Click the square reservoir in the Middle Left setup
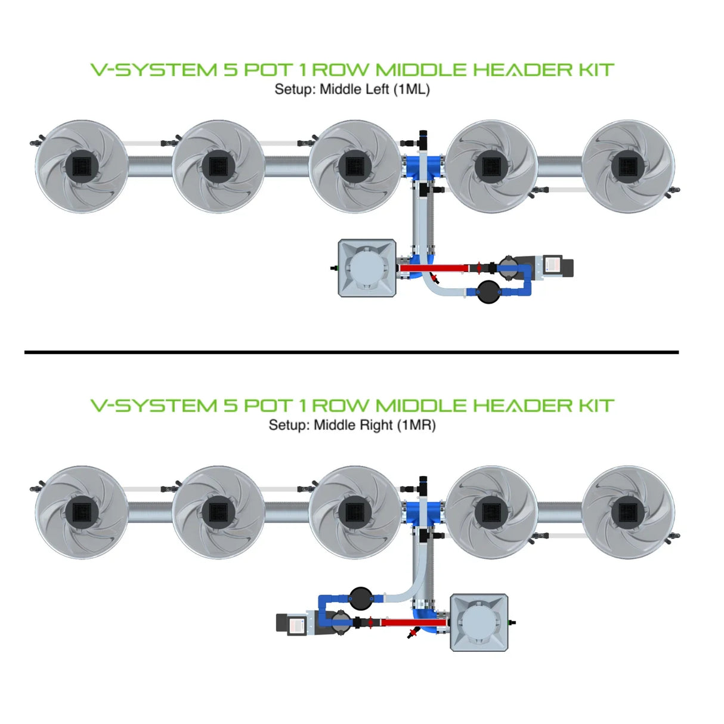point(367,268)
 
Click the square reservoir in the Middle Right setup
point(479,622)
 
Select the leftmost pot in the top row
point(81,166)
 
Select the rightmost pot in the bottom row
point(628,512)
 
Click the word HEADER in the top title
point(522,70)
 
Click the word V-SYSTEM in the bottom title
point(154,406)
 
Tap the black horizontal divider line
point(351,352)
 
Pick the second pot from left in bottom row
point(218,512)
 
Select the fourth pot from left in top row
point(491,166)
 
